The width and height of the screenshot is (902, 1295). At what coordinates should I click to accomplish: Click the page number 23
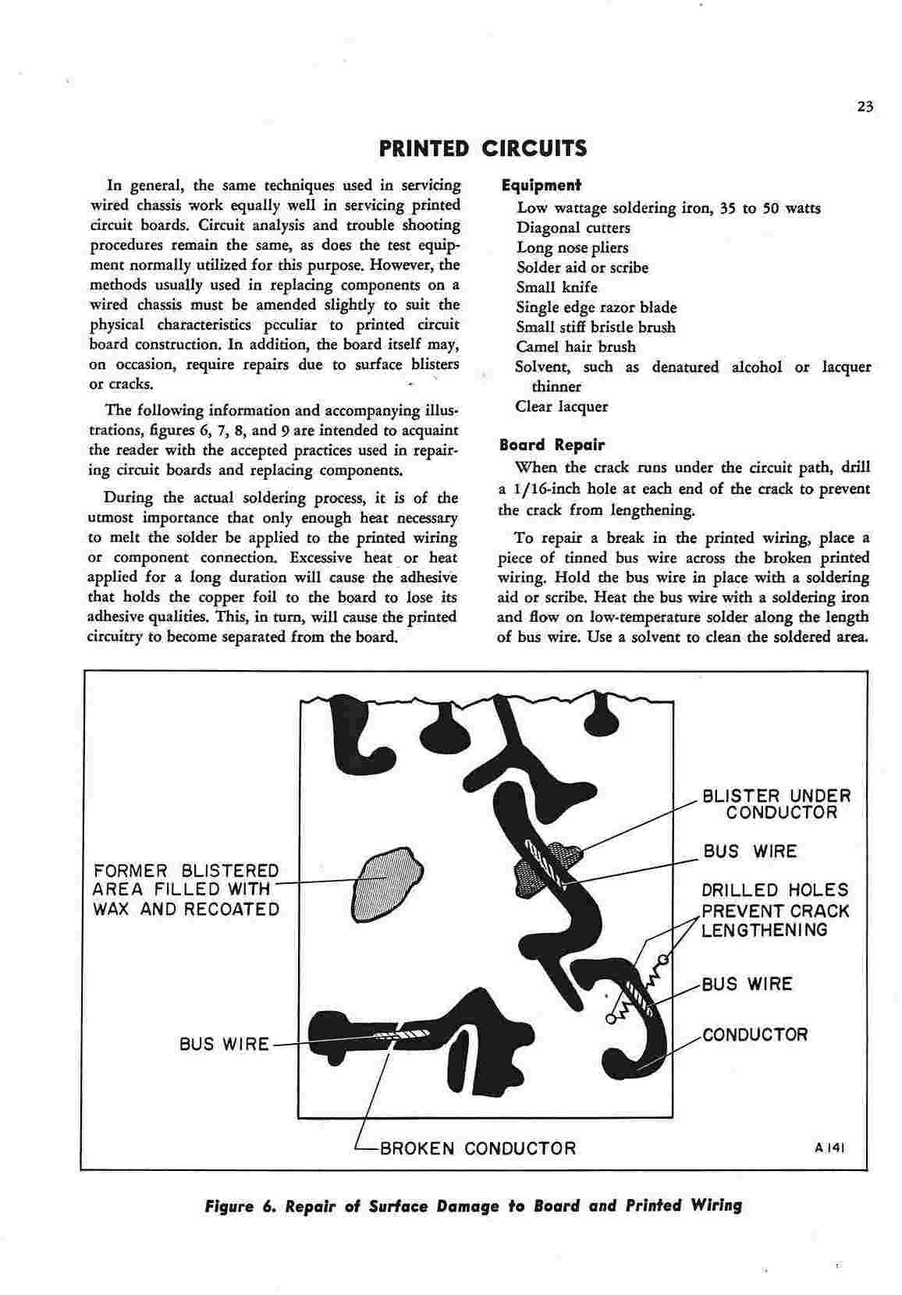coord(864,108)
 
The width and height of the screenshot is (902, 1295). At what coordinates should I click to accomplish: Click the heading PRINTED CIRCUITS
coord(482,148)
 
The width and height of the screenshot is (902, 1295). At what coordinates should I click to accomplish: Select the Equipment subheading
coord(541,186)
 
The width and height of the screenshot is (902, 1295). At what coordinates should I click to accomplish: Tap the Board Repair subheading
coord(552,445)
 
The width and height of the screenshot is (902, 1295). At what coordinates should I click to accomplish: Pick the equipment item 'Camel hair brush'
coord(576,347)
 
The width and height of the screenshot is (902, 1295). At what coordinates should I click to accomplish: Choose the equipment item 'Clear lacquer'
coord(561,406)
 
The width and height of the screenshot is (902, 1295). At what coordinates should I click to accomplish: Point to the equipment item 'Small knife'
coord(556,287)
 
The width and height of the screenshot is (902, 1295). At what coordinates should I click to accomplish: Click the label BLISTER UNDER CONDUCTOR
coord(776,804)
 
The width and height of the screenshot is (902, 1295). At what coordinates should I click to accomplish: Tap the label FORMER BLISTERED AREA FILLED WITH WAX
coord(186,890)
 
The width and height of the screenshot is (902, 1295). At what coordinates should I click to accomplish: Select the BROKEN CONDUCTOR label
coord(478,1148)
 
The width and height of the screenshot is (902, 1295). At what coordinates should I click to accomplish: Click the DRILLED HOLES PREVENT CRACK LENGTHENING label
coord(775,910)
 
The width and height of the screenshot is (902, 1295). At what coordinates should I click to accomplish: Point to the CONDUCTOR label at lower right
coord(755,1035)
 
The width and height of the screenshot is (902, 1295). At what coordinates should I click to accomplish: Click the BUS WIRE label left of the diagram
coord(224,1044)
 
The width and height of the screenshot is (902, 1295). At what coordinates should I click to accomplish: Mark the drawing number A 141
coord(829,1148)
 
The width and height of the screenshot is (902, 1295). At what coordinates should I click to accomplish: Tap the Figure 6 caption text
coord(473,1206)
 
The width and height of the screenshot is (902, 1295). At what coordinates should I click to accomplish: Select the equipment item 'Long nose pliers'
coord(572,248)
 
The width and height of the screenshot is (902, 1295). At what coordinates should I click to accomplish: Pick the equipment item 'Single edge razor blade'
coord(596,307)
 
